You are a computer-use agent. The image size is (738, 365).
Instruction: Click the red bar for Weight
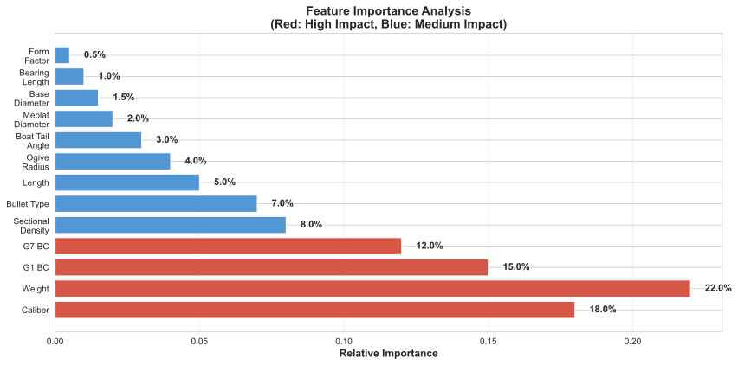click(x=372, y=288)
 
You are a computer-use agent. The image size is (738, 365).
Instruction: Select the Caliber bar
click(x=314, y=310)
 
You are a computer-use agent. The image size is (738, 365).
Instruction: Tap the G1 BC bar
click(x=271, y=267)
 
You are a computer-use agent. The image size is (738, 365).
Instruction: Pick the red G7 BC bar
click(x=228, y=246)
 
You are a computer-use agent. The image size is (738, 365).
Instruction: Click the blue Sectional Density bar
click(x=171, y=225)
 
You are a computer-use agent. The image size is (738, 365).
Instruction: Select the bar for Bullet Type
click(x=156, y=203)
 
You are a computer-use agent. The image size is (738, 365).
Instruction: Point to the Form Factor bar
click(x=62, y=55)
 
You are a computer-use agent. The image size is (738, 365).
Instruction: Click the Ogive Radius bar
click(x=113, y=161)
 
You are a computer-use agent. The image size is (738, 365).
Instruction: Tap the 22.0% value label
click(x=718, y=288)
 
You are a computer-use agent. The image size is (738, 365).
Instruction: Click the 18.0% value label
click(x=602, y=310)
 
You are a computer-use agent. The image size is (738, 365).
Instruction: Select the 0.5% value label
click(x=94, y=55)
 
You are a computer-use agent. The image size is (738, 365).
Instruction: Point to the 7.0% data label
click(x=282, y=203)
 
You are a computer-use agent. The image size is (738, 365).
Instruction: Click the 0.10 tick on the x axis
click(x=344, y=341)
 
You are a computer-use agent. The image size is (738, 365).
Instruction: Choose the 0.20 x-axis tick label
click(x=632, y=341)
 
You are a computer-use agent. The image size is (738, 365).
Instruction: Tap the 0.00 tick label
click(x=55, y=341)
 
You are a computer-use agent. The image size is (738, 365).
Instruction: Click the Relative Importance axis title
click(x=388, y=354)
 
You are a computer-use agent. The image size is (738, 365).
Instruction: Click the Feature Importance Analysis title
click(x=388, y=11)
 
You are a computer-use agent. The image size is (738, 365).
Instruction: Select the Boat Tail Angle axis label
click(x=33, y=140)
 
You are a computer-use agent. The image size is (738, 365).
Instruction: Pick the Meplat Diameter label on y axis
click(x=33, y=118)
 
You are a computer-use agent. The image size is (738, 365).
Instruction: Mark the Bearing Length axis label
click(x=33, y=76)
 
